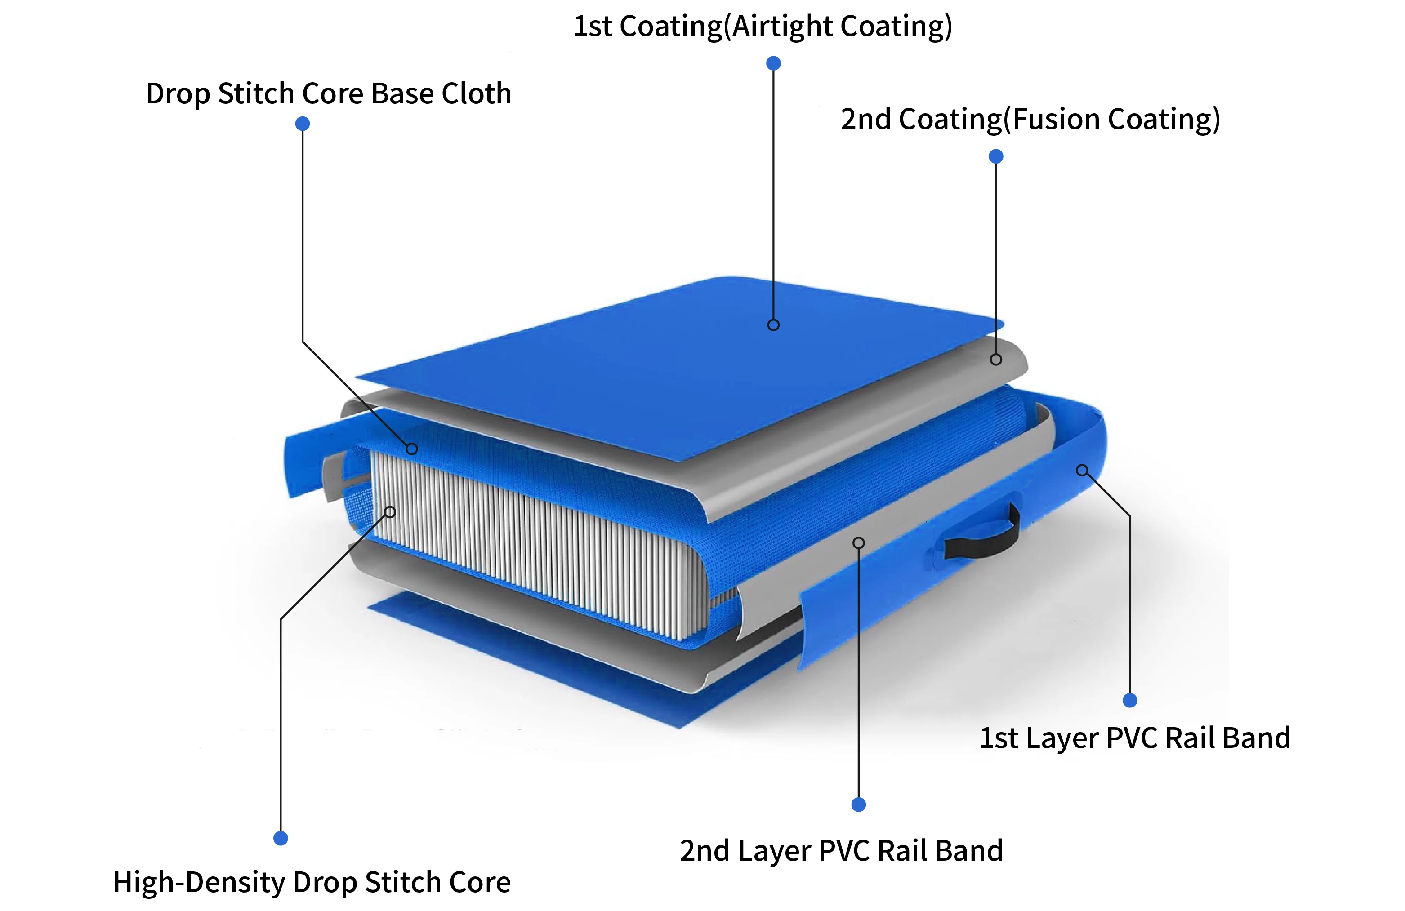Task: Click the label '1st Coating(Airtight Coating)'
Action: [763, 27]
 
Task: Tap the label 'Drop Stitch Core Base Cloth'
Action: [328, 94]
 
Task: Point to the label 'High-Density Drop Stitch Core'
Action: [312, 883]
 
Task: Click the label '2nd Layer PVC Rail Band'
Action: [841, 851]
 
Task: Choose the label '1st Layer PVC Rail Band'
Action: [1135, 738]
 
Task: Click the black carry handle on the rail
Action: [983, 534]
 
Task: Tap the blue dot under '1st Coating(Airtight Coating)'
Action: [773, 63]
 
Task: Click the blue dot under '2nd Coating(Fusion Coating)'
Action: [996, 156]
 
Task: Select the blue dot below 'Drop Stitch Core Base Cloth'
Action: [302, 123]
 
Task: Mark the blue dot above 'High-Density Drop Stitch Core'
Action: [281, 839]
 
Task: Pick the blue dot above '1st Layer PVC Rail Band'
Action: [1130, 700]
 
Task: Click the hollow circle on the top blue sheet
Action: [773, 325]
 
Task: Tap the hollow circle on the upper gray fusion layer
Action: [996, 360]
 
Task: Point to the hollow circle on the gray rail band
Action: [859, 543]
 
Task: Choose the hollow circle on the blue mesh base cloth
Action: [412, 449]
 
